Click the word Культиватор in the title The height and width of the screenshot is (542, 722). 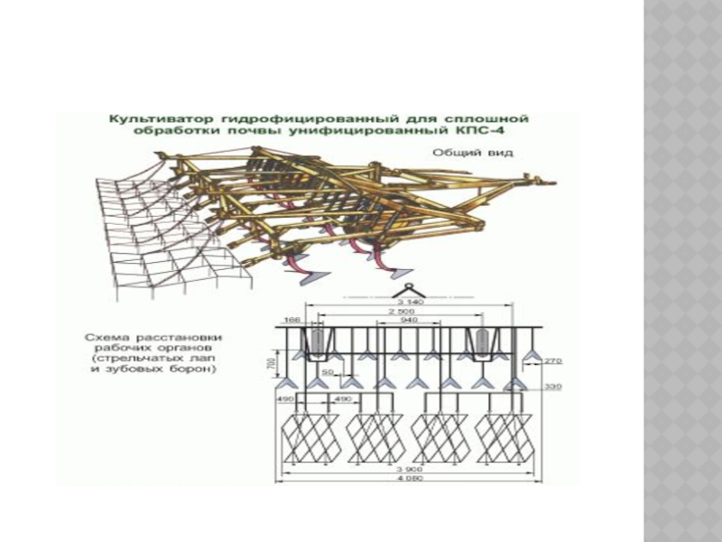143,118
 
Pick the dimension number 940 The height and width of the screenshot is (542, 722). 407,320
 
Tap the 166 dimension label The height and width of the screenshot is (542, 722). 292,319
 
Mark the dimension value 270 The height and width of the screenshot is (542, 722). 552,361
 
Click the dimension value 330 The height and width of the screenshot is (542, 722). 553,387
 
